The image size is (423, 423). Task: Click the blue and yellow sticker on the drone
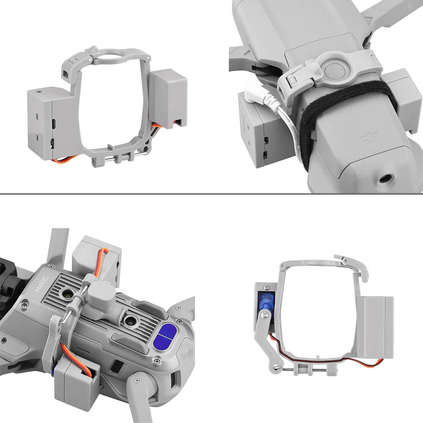pyautogui.click(x=165, y=336)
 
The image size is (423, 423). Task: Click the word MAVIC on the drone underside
pyautogui.click(x=41, y=283)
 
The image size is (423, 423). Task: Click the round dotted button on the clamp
pyautogui.click(x=335, y=71)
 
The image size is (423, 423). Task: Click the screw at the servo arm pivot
pyautogui.click(x=264, y=314)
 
